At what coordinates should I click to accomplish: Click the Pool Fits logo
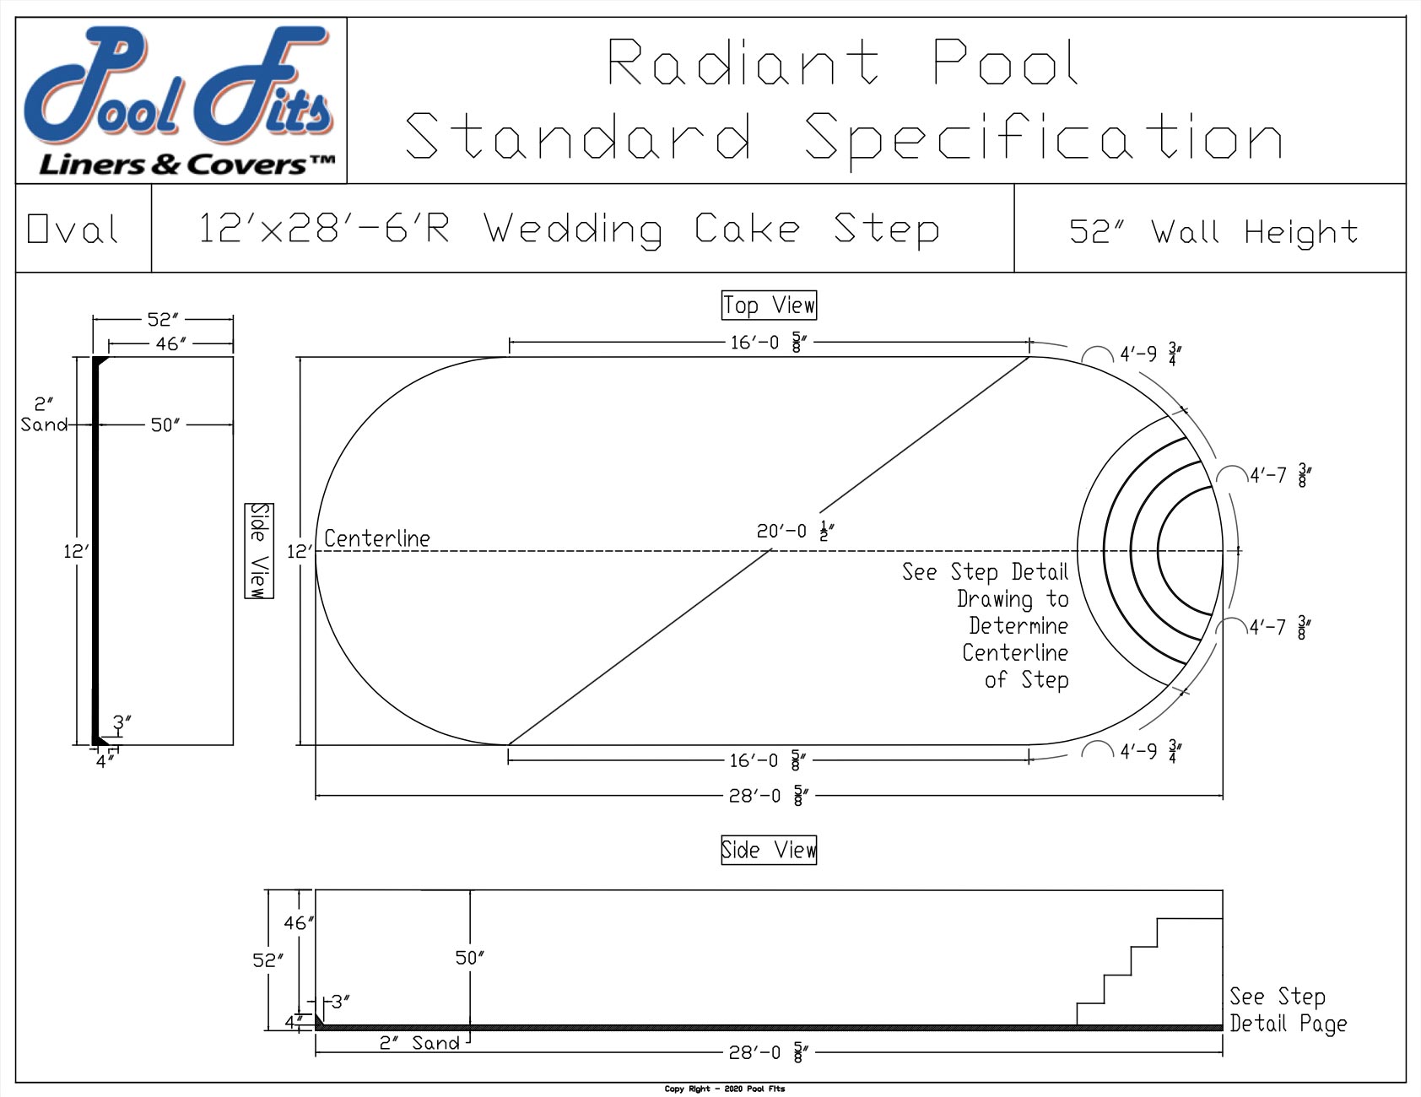pyautogui.click(x=181, y=100)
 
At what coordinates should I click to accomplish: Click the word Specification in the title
pyautogui.click(x=1043, y=137)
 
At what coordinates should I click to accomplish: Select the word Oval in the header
pyautogui.click(x=73, y=229)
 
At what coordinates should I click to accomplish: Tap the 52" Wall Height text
pyautogui.click(x=1213, y=231)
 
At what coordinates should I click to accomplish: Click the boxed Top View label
pyautogui.click(x=769, y=305)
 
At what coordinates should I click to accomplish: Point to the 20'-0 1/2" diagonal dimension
pyautogui.click(x=794, y=532)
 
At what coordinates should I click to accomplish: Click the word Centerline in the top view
pyautogui.click(x=376, y=538)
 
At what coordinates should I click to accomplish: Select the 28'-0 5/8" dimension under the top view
pyautogui.click(x=768, y=795)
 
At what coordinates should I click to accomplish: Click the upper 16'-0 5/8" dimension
pyautogui.click(x=768, y=343)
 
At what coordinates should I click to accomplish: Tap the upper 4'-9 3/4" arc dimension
pyautogui.click(x=1148, y=354)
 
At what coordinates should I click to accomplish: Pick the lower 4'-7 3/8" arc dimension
pyautogui.click(x=1279, y=628)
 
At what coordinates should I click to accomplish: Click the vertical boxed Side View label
pyautogui.click(x=259, y=550)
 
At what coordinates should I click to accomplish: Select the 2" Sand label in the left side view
pyautogui.click(x=44, y=414)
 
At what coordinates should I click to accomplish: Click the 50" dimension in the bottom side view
pyautogui.click(x=469, y=958)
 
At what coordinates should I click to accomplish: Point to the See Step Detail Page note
pyautogui.click(x=1287, y=1010)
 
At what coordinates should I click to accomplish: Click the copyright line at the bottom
pyautogui.click(x=724, y=1089)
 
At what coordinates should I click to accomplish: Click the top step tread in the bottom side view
pyautogui.click(x=1189, y=918)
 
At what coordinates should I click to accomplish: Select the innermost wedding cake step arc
pyautogui.click(x=1159, y=550)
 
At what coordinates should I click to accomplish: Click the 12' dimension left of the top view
pyautogui.click(x=299, y=551)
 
